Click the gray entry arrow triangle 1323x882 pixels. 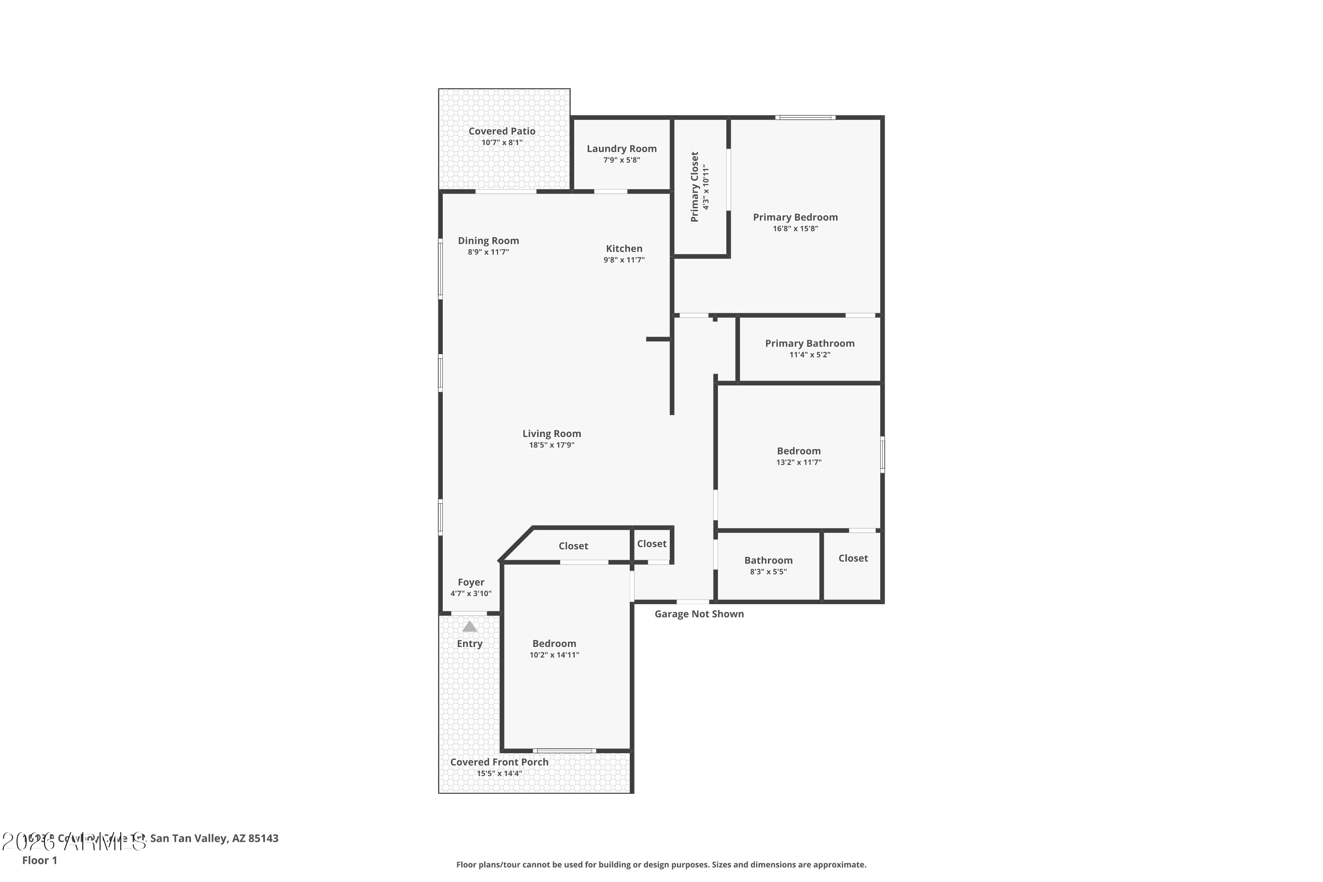tap(469, 627)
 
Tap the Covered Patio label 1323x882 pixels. tap(502, 131)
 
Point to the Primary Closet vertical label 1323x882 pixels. tap(695, 187)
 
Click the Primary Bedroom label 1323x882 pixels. tap(795, 217)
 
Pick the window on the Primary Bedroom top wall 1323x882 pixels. tap(805, 118)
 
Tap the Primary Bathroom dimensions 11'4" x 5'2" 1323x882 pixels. tap(809, 355)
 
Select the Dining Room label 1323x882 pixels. tap(488, 241)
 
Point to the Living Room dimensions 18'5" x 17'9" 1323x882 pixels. tap(551, 445)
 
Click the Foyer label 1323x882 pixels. tap(471, 582)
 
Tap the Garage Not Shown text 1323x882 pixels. tap(699, 614)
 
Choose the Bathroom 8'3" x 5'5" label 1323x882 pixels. tap(768, 560)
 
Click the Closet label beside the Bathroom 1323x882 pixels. tap(853, 558)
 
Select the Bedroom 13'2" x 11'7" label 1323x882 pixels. tap(798, 451)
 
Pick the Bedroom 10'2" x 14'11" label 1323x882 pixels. tap(554, 643)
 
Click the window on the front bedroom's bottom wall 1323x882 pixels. tap(564, 751)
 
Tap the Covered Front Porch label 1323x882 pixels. tap(499, 762)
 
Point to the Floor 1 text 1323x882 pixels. tap(39, 860)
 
